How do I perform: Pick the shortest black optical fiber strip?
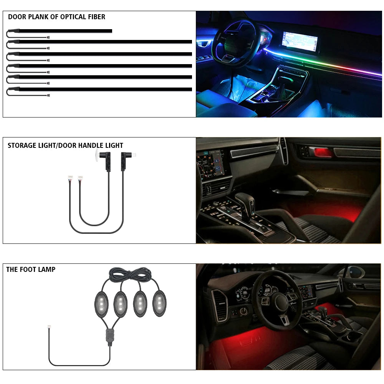[65, 31]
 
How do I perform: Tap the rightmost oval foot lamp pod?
[159, 303]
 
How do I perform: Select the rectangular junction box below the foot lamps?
[110, 336]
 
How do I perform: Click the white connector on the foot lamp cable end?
[49, 327]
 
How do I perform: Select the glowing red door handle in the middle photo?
[323, 152]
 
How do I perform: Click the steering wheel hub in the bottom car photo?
[281, 303]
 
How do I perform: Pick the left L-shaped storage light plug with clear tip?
[104, 159]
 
